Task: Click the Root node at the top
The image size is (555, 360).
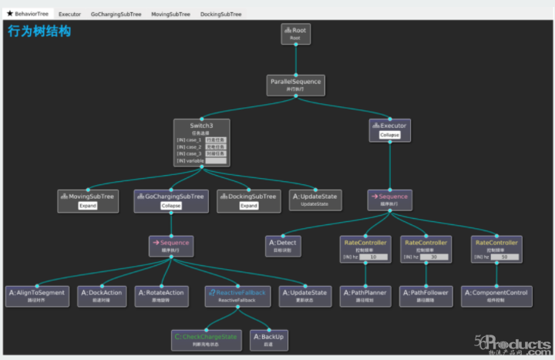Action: (x=295, y=33)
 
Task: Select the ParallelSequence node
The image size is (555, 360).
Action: (x=295, y=84)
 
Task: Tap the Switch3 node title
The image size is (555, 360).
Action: (x=202, y=125)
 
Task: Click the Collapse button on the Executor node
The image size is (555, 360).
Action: (x=389, y=135)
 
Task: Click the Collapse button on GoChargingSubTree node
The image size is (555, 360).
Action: (x=171, y=206)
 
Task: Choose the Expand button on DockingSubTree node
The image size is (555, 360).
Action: (x=248, y=206)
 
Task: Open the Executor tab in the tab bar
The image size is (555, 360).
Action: (x=69, y=14)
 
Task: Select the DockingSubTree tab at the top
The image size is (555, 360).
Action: (x=220, y=14)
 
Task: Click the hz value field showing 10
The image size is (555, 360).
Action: (x=372, y=257)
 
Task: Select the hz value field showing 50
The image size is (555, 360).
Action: (x=504, y=257)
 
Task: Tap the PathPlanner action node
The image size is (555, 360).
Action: (x=366, y=296)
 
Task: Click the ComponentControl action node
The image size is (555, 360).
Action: (x=496, y=296)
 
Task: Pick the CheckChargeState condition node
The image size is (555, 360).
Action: (x=205, y=339)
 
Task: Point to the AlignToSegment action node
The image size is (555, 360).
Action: (x=38, y=296)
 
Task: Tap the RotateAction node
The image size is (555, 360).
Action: (x=160, y=296)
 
